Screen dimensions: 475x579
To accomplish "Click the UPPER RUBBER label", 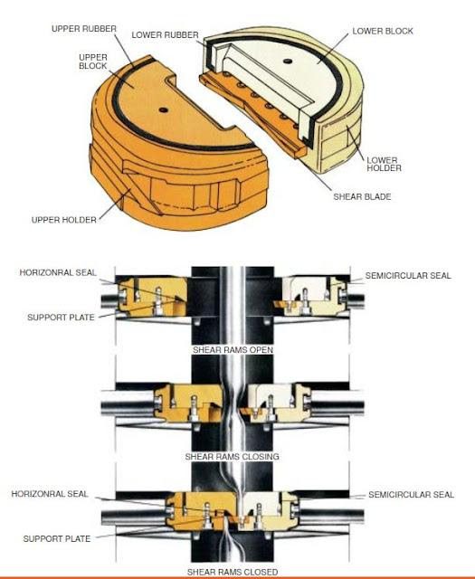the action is click(84, 29).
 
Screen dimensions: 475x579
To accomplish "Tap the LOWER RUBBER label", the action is click(165, 35).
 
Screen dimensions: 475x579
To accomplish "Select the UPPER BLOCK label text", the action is click(93, 62).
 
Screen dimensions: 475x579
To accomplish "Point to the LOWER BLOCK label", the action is click(383, 32).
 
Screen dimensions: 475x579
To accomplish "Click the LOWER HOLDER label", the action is click(384, 165).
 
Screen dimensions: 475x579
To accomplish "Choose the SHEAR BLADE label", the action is click(362, 197).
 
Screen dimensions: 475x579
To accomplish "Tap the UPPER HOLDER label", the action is click(64, 220).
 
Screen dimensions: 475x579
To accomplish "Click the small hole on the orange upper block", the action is click(163, 109).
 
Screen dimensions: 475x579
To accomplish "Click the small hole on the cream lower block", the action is click(288, 62).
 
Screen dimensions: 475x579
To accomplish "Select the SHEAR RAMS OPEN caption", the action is click(233, 350).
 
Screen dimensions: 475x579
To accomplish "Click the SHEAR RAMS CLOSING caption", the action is click(232, 457).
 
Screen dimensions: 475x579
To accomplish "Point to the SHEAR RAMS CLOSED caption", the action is click(233, 572).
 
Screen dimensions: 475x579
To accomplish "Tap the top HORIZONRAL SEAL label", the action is click(58, 273).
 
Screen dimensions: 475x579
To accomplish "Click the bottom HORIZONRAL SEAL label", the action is click(50, 494).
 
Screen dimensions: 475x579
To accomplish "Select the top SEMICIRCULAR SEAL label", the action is click(408, 276).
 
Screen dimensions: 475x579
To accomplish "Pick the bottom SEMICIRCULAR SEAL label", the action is click(411, 495).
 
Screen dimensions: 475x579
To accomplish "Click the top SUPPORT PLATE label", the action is click(61, 318).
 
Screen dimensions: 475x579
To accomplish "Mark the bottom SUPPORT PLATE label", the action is click(57, 539).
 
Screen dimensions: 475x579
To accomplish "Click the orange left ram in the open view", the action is click(153, 297).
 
